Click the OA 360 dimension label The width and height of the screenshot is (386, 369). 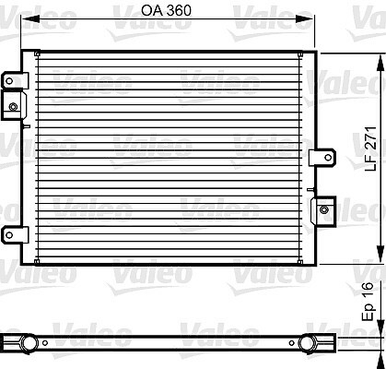click(x=166, y=10)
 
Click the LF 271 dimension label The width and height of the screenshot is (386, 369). click(x=370, y=149)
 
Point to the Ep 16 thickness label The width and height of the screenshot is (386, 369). click(x=368, y=302)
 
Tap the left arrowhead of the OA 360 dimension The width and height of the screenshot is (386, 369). click(x=30, y=19)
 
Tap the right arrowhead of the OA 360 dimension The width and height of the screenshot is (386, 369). click(x=305, y=19)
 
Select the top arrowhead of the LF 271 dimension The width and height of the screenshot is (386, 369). click(x=380, y=64)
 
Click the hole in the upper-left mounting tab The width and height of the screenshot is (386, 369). click(x=9, y=81)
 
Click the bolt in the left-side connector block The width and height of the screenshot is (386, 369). click(x=13, y=107)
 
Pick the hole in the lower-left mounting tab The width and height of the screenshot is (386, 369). click(x=9, y=235)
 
